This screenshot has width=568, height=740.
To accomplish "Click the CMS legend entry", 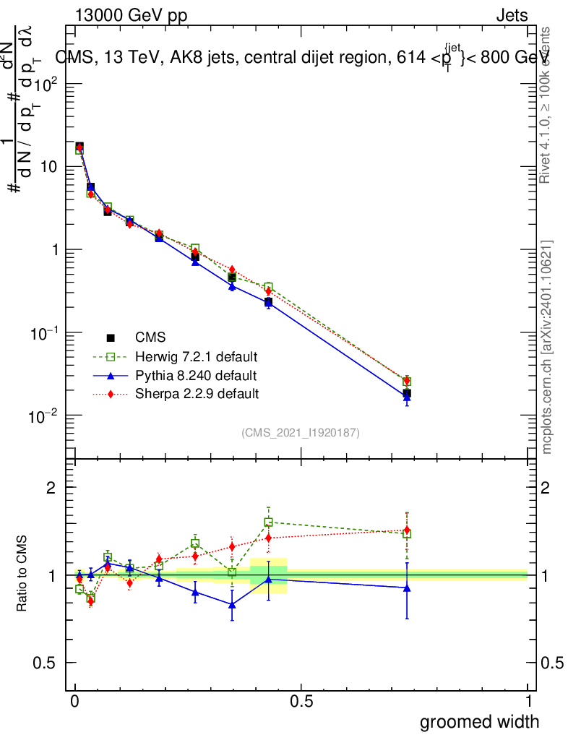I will pos(150,337).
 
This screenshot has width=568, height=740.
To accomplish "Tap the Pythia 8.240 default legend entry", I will pos(195,376).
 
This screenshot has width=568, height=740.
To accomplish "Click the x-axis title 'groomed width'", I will pos(479,721).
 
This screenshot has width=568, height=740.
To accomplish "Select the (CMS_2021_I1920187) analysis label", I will pos(301,432).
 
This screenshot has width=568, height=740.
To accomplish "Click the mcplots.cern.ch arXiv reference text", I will pos(547,347).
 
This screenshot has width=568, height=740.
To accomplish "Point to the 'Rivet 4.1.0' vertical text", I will pos(547,105).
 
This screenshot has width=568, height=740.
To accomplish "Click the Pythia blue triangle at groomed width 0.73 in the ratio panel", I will pos(407,588).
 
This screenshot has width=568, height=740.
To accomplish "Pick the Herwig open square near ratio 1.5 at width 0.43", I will pos(268,522).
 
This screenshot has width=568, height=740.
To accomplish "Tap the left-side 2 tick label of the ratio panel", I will pos(51,487).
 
